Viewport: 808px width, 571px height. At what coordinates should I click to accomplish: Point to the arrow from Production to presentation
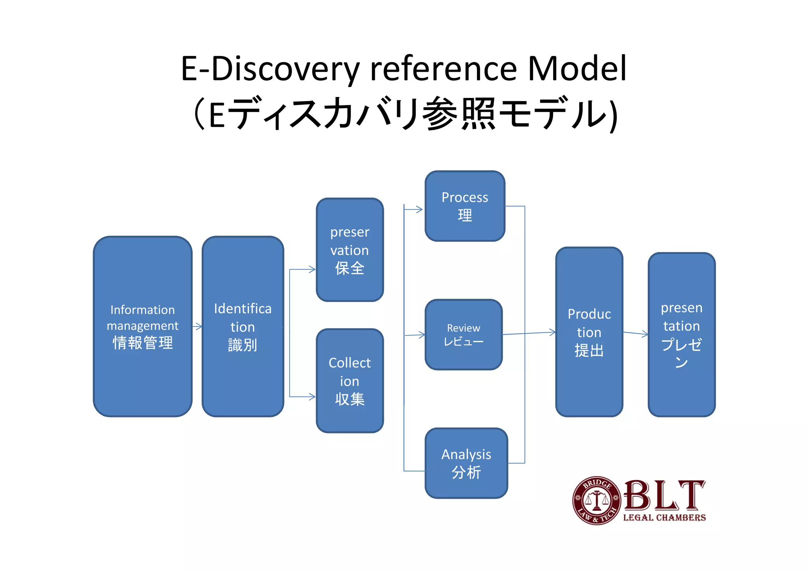point(635,334)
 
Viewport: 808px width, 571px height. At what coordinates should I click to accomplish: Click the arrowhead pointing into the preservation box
point(312,270)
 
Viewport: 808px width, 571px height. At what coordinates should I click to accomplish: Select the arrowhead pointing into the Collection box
point(312,397)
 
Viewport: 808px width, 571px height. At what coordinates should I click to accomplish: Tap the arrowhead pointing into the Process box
point(419,210)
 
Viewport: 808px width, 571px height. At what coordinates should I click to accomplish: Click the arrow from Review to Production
point(529,333)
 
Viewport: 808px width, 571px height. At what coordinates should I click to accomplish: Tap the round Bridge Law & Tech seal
point(597,500)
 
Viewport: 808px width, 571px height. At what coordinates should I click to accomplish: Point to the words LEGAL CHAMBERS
point(664,517)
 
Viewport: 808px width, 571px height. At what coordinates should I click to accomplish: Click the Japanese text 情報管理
point(142,343)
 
